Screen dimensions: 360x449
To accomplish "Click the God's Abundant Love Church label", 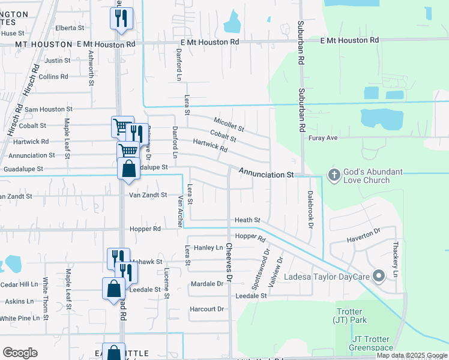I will point(373,176).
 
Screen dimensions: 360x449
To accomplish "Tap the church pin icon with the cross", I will point(334,175).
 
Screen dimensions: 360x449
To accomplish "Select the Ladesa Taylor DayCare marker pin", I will point(378,276).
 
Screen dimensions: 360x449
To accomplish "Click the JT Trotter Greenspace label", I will point(372,343).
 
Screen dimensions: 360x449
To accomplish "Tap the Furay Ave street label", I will point(324,137).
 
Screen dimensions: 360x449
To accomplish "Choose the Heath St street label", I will point(247,220).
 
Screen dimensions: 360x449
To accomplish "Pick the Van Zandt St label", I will point(148,195).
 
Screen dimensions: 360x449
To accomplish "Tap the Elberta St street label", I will point(70,28).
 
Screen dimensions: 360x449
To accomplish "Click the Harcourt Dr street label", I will point(206,309).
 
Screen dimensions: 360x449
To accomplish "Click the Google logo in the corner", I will point(20,353).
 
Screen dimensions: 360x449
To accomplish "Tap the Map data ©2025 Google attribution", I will point(412,355).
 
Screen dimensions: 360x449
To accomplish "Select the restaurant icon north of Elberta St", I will point(121,19).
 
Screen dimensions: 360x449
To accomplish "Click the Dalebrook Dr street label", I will point(310,209).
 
